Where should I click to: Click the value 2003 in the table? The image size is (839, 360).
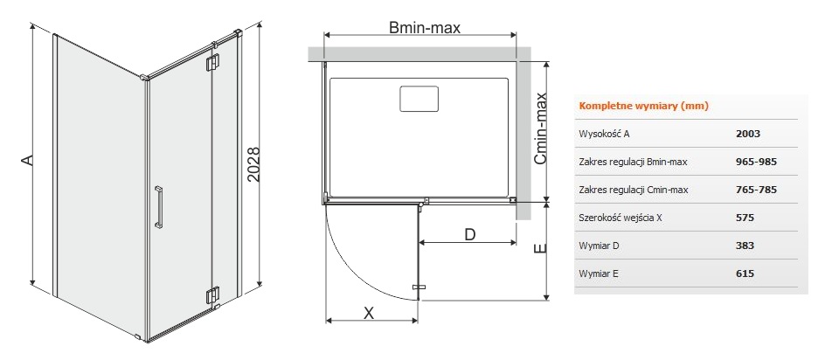point(748,134)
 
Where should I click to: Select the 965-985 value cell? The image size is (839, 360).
point(756,162)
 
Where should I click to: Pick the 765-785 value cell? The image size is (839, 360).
point(756,190)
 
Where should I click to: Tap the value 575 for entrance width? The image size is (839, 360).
point(745,218)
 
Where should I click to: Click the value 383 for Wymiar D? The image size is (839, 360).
point(745,246)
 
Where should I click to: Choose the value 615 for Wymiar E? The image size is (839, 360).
point(745,273)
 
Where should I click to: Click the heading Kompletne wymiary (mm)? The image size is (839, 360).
point(644,106)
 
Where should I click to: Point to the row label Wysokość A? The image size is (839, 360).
point(604,134)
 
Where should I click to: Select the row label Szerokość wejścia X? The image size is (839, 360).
point(621,218)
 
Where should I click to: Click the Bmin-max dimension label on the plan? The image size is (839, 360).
point(425,28)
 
